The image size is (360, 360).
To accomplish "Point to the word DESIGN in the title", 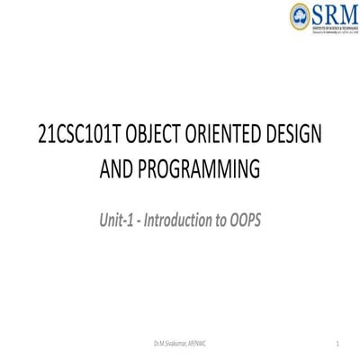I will coord(292,134).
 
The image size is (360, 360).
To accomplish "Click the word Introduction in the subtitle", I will coord(180,217).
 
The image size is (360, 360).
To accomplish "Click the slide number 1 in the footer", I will coord(335,345).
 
